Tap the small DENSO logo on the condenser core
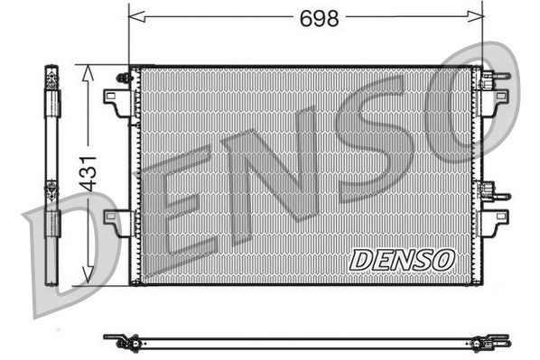(401, 259)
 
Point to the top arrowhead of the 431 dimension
(88, 72)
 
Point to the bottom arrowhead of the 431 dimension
(88, 277)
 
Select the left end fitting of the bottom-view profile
(123, 341)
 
